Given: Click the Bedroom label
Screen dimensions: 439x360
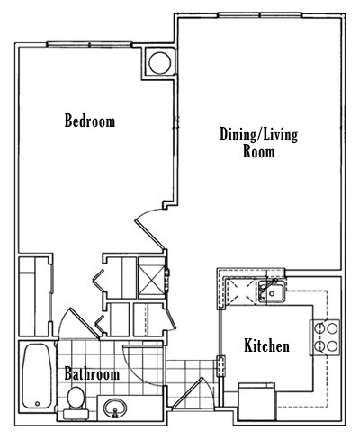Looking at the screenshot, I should pyautogui.click(x=89, y=121).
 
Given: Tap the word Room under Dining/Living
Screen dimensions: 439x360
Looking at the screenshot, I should pyautogui.click(x=258, y=152).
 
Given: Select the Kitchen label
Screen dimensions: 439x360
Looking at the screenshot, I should pyautogui.click(x=266, y=345).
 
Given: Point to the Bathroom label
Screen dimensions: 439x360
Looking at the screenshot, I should pyautogui.click(x=91, y=373).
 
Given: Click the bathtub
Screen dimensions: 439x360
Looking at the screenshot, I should pyautogui.click(x=39, y=376).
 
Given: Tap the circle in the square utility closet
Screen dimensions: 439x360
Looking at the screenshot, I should pyautogui.click(x=159, y=63).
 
